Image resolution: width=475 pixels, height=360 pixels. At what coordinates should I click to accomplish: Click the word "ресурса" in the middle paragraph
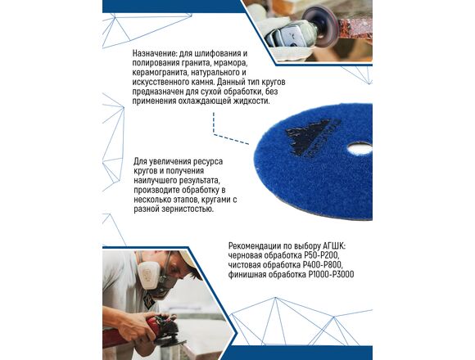coord(208,161)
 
